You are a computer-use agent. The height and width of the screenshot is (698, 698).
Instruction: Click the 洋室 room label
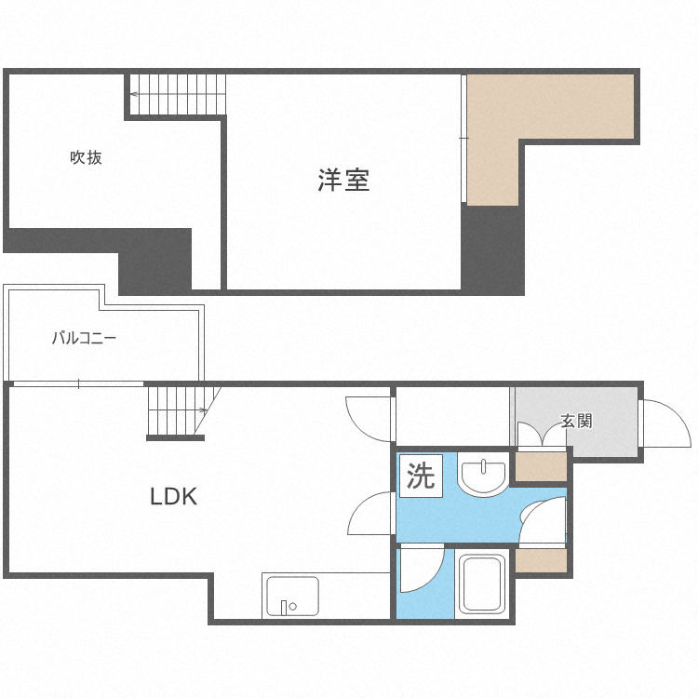[x=343, y=180]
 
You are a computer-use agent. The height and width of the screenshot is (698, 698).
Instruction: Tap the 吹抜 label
[x=86, y=157]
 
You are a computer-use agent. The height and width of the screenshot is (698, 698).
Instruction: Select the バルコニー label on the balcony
[x=84, y=338]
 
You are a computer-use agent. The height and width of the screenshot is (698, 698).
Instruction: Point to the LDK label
[x=174, y=497]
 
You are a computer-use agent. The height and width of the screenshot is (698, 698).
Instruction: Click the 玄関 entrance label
[x=576, y=421]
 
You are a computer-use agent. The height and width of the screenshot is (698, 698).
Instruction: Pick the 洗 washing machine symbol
[x=422, y=477]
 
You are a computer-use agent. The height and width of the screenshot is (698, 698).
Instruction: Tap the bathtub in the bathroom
[x=482, y=584]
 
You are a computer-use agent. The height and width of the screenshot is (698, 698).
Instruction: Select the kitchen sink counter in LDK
[x=291, y=597]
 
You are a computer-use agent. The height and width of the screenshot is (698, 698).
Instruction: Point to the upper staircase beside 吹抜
[x=178, y=95]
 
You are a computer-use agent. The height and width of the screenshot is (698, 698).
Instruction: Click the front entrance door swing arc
[x=662, y=423]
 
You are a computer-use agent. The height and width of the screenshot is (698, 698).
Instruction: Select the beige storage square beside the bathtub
[x=541, y=560]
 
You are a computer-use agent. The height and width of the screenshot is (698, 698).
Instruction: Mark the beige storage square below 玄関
[x=541, y=466]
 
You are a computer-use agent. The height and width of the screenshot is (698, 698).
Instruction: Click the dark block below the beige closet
[x=492, y=249]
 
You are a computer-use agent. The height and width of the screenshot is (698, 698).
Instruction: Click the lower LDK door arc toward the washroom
[x=373, y=515]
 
